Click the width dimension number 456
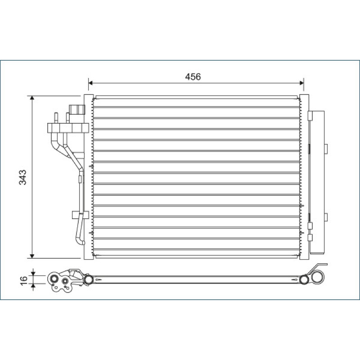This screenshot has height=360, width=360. (x=193, y=76)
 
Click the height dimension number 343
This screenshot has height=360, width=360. (x=23, y=177)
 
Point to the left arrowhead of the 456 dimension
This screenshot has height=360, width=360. (x=90, y=83)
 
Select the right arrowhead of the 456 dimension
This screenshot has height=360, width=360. (x=301, y=83)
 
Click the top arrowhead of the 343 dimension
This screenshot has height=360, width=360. (x=32, y=98)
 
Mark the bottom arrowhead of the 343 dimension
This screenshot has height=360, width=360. (x=32, y=256)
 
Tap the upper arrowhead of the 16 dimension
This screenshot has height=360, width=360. (x=33, y=274)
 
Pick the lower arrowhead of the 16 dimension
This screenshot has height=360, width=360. (x=33, y=286)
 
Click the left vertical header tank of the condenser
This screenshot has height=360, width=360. (x=89, y=177)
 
